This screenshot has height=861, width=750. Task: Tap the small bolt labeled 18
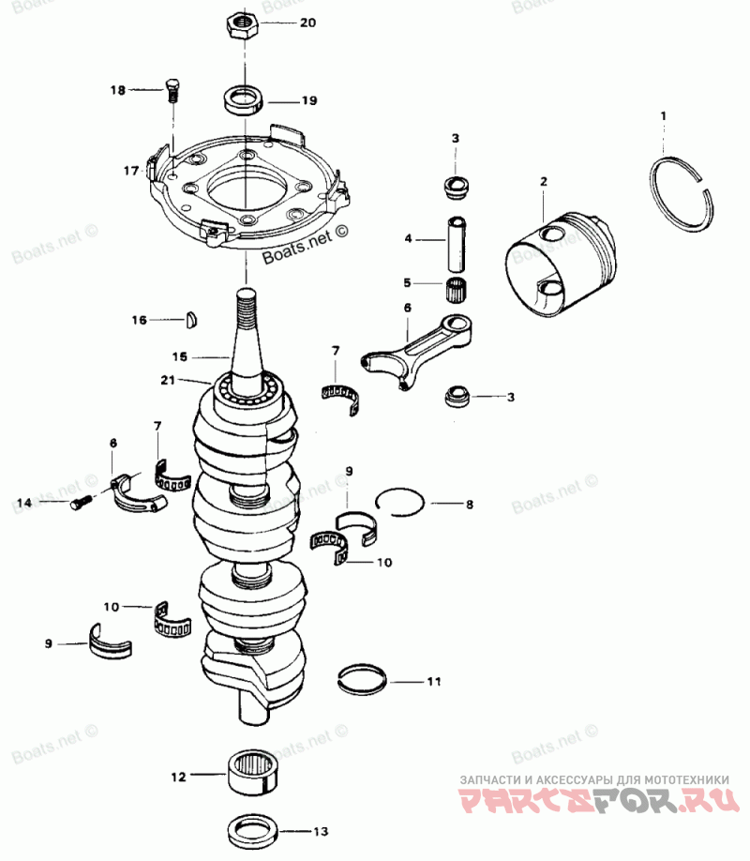(x=172, y=91)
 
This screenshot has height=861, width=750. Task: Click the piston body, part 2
(x=562, y=264)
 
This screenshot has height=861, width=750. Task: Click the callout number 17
(x=130, y=172)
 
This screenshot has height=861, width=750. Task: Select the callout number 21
(x=167, y=380)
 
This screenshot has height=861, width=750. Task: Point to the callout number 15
(x=180, y=357)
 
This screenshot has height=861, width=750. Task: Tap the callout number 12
(x=178, y=777)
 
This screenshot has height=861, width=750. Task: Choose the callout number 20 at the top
(x=308, y=23)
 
